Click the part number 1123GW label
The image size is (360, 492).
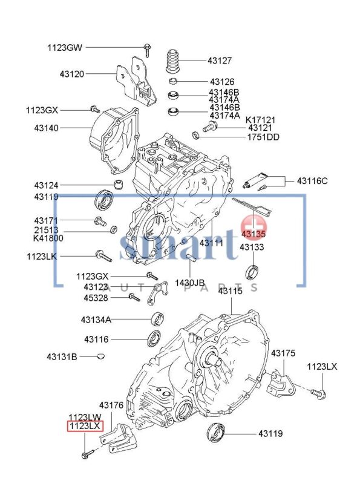(65, 47)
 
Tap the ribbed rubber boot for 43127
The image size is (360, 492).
(175, 61)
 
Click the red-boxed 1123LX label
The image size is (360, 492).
(84, 426)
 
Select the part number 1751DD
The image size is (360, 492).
(263, 137)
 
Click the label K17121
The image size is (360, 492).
(261, 120)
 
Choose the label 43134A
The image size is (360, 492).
(96, 319)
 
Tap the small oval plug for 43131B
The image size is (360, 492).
(100, 356)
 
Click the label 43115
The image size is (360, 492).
(230, 291)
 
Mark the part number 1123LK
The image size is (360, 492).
(41, 256)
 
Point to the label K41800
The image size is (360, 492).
(46, 238)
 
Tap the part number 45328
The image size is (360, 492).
(96, 297)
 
